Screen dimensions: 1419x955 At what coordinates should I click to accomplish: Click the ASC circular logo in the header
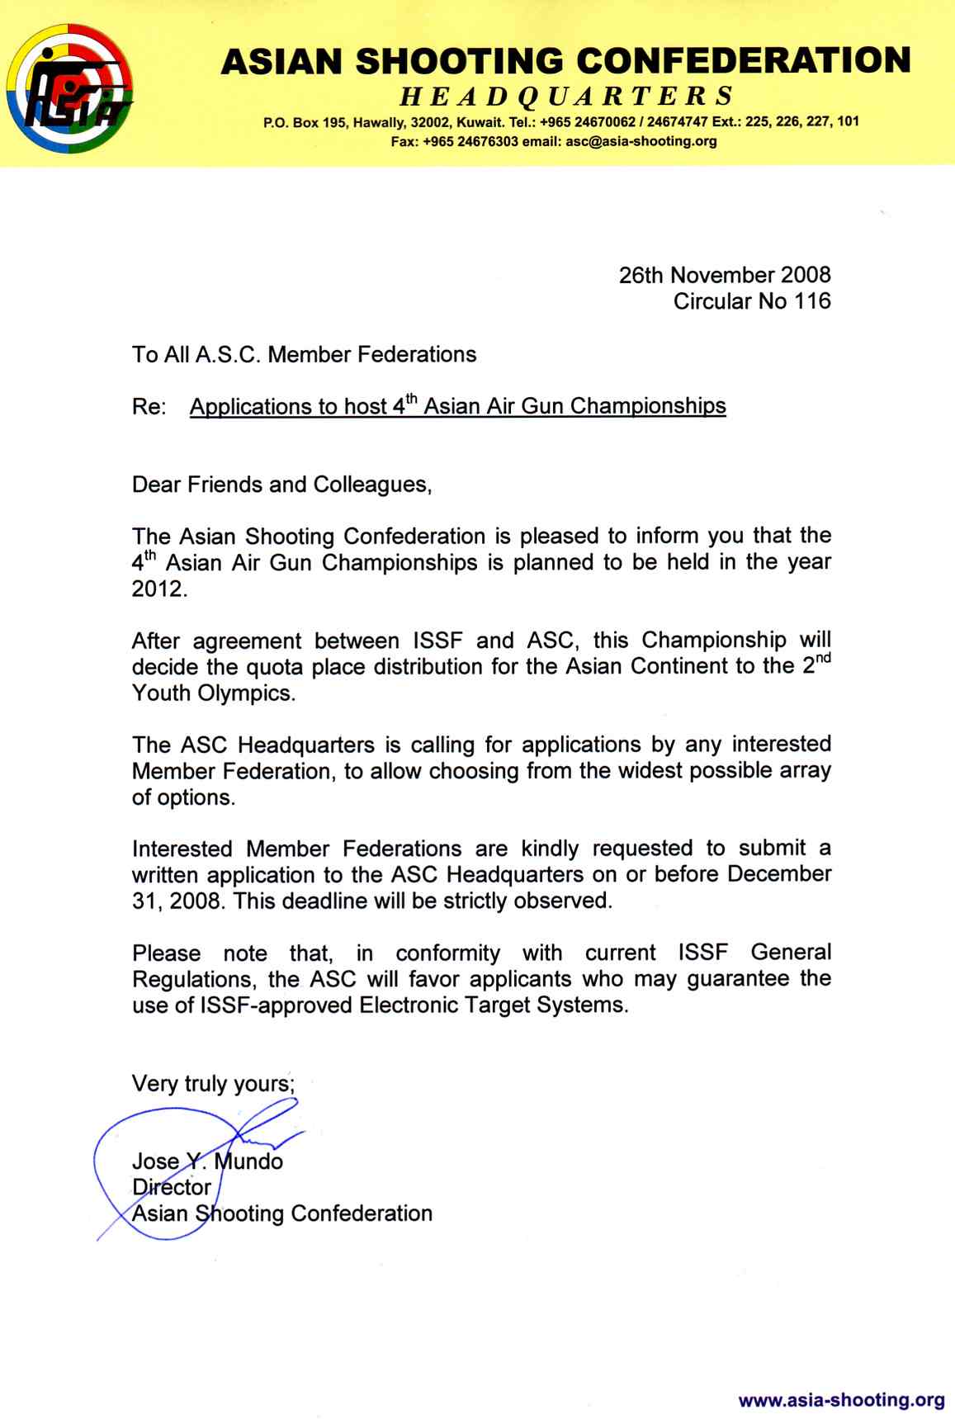pos(69,88)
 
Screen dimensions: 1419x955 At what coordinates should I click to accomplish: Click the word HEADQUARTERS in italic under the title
pos(566,97)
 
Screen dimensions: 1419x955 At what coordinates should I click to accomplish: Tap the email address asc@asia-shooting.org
pos(641,141)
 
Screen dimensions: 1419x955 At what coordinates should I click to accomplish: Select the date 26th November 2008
pos(724,275)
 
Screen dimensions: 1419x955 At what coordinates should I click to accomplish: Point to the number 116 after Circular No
pos(812,301)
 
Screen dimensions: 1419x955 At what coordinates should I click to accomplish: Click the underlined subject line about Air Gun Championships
pos(458,406)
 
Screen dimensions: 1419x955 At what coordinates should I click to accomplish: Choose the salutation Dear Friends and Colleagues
pos(281,485)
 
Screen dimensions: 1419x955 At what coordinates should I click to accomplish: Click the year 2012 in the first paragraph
pos(159,589)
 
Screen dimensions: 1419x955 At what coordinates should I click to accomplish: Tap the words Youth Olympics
pos(213,693)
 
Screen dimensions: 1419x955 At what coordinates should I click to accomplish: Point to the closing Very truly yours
pos(213,1083)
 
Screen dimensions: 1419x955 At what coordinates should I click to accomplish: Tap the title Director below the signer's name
pos(172,1187)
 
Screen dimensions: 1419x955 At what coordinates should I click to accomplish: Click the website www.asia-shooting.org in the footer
pos(841,1399)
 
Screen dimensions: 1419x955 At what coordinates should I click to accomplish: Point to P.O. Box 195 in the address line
pos(304,122)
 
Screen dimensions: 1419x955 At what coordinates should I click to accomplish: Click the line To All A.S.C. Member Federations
pos(304,355)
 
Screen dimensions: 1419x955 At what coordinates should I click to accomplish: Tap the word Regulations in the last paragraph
pos(194,980)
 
